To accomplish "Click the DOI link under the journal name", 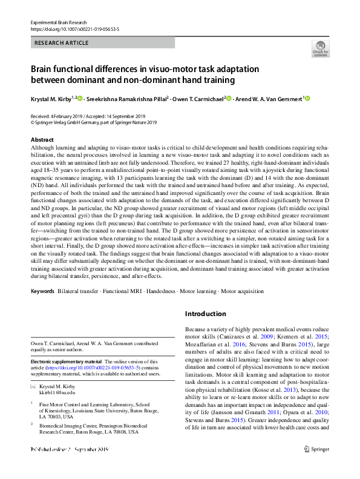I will click(74, 28).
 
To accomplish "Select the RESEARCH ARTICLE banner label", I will click(62, 43).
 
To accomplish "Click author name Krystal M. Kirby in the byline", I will click(51, 98).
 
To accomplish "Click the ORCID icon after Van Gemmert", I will click(307, 98).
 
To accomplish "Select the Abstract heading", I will click(42, 140).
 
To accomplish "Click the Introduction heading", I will click(205, 314).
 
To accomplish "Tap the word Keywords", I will click(42, 291).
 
